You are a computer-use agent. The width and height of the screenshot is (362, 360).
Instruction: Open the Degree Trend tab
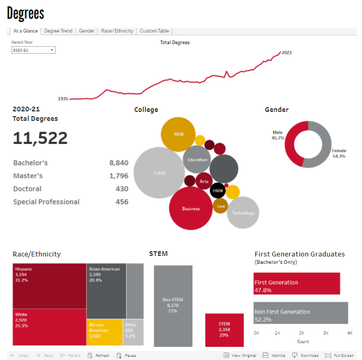tap(58, 31)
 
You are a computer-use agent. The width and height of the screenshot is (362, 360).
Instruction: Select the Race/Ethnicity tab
tap(117, 31)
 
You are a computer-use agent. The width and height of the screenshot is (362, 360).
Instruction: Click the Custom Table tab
tap(154, 31)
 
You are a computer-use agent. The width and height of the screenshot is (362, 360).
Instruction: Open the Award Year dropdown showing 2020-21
tap(33, 50)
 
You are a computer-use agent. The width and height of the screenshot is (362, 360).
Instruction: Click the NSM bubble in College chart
tap(178, 135)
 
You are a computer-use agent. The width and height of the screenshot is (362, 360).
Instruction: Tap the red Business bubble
tap(191, 208)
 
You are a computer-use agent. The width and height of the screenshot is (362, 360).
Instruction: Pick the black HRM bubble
tap(218, 190)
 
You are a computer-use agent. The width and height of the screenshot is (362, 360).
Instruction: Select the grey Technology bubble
tap(243, 212)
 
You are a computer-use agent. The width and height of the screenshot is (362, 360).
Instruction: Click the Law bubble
tap(221, 206)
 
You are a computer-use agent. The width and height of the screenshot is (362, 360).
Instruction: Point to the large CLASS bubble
tap(159, 173)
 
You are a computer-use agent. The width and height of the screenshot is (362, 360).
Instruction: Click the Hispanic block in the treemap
tap(49, 285)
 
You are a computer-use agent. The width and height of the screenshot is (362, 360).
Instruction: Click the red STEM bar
tap(224, 330)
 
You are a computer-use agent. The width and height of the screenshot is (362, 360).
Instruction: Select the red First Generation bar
tap(297, 283)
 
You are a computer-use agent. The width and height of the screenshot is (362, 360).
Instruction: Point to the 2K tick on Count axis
tap(302, 333)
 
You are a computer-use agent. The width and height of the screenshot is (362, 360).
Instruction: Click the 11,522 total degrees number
tap(40, 138)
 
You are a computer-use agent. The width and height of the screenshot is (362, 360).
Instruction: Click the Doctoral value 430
tap(122, 189)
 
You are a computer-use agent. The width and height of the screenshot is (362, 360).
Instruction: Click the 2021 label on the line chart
tap(287, 53)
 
